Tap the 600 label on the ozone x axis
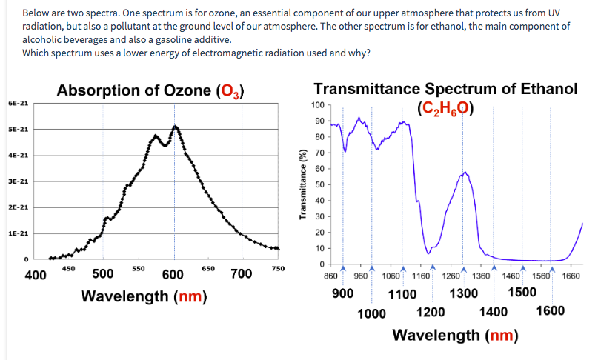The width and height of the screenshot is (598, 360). click(x=173, y=275)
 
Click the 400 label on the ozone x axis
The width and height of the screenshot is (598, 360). click(x=35, y=275)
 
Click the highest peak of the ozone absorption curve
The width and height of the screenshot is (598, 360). click(x=176, y=127)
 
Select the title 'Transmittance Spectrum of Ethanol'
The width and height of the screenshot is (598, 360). click(x=445, y=89)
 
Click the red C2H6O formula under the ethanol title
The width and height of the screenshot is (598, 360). click(x=445, y=108)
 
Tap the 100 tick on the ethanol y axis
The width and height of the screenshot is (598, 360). click(x=319, y=105)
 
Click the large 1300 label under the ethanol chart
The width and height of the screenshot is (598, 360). click(x=463, y=293)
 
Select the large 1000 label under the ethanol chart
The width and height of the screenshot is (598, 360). click(x=371, y=313)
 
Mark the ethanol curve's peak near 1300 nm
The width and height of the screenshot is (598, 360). click(x=465, y=173)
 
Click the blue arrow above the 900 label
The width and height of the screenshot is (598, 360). click(x=342, y=269)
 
